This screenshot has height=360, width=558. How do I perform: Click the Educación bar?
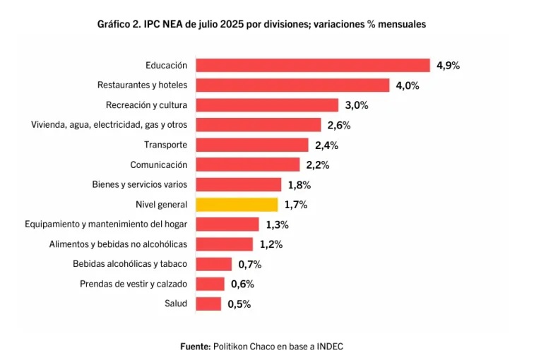click(313, 66)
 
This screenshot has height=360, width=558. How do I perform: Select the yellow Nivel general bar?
click(237, 205)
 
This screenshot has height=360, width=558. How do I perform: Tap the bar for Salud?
click(208, 304)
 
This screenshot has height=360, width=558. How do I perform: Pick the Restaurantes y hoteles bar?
click(292, 85)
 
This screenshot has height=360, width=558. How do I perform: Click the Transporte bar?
click(252, 145)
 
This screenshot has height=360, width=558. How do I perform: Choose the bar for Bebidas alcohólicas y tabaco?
click(214, 264)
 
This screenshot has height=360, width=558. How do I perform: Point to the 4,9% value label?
click(448, 66)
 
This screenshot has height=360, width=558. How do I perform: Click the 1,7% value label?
click(296, 205)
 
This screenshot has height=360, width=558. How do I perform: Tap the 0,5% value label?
click(239, 304)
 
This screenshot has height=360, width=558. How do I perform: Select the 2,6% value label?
click(339, 125)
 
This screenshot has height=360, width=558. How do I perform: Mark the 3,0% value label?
click(357, 105)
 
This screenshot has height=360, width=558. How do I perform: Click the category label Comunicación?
click(159, 164)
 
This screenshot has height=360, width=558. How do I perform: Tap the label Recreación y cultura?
click(147, 105)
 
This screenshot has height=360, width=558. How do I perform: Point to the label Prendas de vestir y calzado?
click(133, 284)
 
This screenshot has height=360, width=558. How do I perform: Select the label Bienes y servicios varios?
click(140, 185)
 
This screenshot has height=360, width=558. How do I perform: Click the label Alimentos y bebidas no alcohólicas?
click(118, 244)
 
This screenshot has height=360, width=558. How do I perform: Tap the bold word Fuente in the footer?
click(196, 347)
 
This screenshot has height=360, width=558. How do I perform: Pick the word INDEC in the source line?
click(330, 347)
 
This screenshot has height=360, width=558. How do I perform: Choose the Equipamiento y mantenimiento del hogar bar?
click(227, 224)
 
